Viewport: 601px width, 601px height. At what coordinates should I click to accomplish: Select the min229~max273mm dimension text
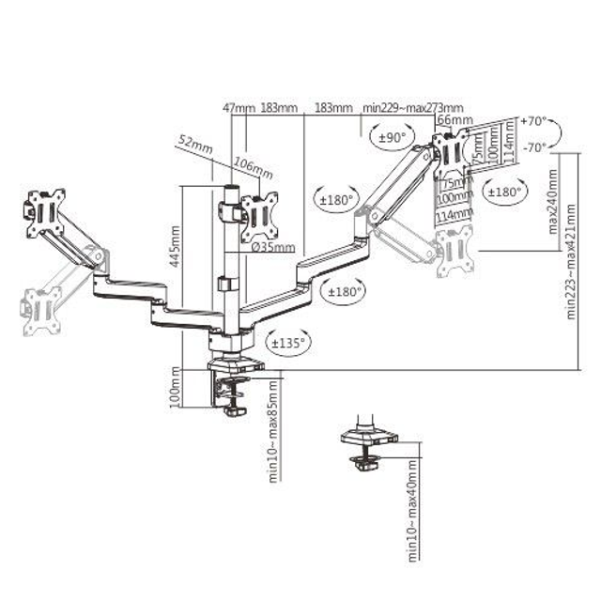pyautogui.click(x=413, y=108)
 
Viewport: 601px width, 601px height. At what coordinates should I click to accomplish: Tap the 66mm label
pyautogui.click(x=455, y=122)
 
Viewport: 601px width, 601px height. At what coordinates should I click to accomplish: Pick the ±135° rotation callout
pyautogui.click(x=287, y=344)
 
